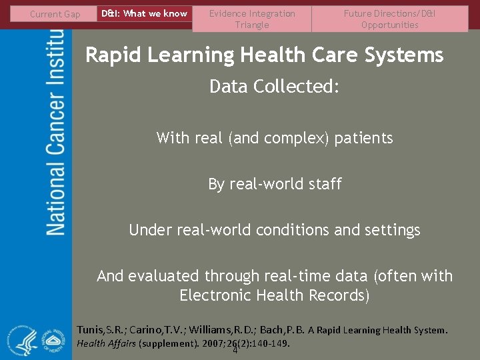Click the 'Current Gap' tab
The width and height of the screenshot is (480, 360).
coord(55,14)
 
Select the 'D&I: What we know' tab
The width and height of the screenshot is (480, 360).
coord(144,13)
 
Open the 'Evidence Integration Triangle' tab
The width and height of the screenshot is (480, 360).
coord(252,19)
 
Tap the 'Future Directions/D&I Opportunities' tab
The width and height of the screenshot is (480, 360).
coord(390,19)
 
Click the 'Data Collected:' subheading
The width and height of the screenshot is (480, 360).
coord(274,87)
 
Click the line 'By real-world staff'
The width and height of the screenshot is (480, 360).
coord(275,184)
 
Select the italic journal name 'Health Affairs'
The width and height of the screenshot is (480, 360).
coord(106,343)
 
